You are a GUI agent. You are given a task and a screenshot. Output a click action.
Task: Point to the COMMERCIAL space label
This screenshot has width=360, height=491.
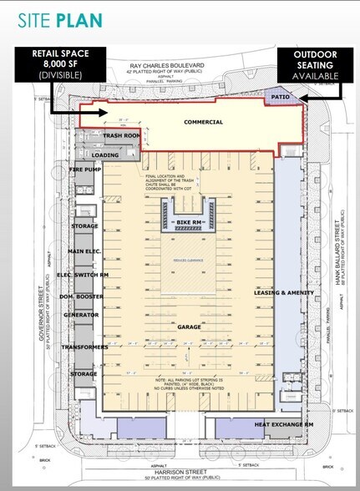203,122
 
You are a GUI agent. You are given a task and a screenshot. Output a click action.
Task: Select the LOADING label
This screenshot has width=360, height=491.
104,155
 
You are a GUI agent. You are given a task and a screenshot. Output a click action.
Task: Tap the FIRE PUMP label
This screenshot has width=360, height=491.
86,170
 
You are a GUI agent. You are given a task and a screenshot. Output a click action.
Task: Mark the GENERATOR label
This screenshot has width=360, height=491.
82,315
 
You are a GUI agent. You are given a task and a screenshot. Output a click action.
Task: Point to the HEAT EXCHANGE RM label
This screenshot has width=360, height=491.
283,425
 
